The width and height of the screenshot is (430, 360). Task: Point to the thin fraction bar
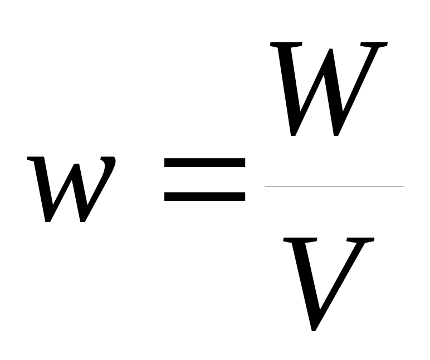[334, 186]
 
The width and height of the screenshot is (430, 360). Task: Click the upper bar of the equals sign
[204, 162]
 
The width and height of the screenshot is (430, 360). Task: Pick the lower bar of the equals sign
[204, 196]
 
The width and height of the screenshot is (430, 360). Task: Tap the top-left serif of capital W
[286, 45]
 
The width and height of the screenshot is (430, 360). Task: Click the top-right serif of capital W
[374, 45]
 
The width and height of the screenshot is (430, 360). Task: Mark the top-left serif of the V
[300, 240]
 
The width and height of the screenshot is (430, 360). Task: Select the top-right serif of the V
[360, 240]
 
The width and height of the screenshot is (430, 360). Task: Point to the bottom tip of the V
[314, 329]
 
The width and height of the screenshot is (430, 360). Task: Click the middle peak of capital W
[331, 50]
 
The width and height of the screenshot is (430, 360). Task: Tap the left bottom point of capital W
[293, 134]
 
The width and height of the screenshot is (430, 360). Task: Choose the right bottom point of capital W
[336, 134]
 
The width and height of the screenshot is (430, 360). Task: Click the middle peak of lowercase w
[76, 165]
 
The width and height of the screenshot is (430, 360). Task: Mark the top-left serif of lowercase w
[35, 159]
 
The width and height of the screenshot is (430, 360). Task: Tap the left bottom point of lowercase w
[48, 220]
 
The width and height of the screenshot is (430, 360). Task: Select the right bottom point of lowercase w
[82, 220]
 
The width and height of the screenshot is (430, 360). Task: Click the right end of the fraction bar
[403, 186]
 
